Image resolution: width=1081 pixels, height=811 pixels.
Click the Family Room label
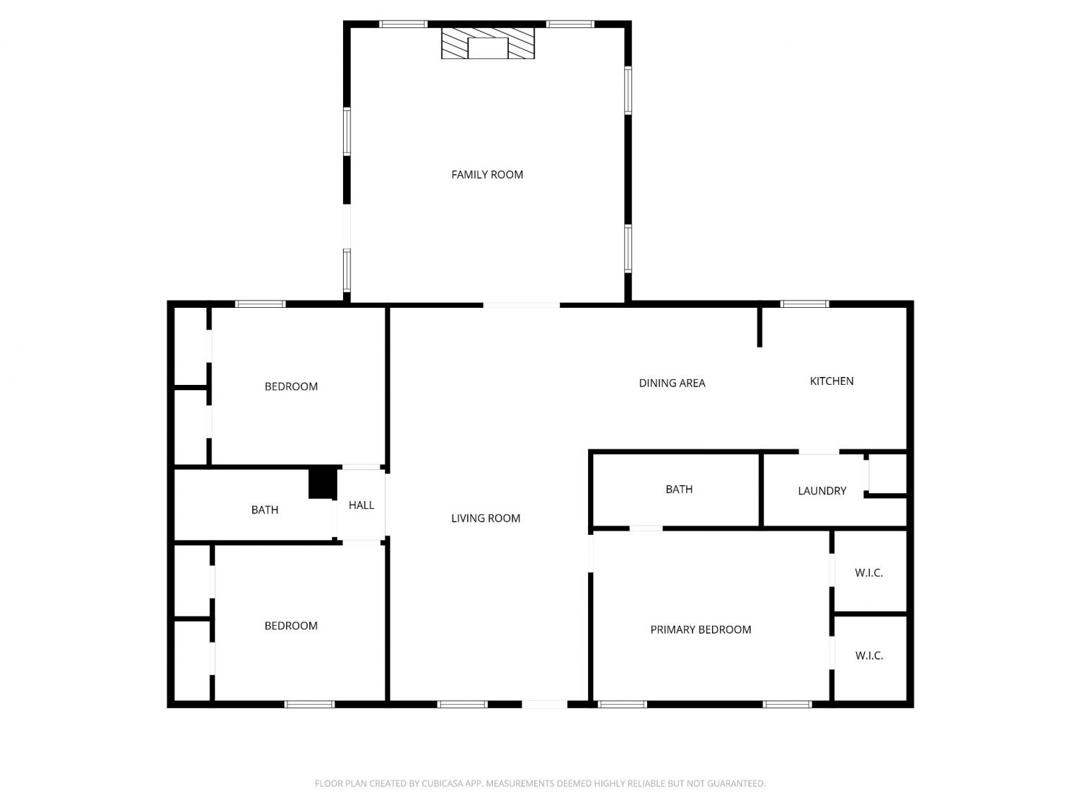click(487, 174)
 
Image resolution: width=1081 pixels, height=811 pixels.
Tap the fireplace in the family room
click(488, 43)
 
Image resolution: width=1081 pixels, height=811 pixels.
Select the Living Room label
click(486, 518)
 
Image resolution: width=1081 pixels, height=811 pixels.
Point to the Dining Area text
click(672, 383)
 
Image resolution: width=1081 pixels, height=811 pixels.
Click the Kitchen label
click(832, 381)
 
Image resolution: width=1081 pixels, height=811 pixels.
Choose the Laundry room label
click(822, 491)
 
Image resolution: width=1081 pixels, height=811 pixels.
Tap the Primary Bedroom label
click(700, 630)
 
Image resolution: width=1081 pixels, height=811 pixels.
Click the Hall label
click(361, 505)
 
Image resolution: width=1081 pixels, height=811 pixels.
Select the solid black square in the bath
click(323, 482)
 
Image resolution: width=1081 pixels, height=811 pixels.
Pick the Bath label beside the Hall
click(264, 510)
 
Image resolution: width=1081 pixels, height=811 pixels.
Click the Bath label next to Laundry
click(679, 489)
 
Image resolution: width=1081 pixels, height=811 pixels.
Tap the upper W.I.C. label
click(868, 572)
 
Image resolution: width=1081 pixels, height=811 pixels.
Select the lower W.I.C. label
click(868, 656)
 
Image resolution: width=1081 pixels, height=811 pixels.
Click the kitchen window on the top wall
click(805, 303)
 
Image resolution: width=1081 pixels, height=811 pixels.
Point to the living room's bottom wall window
click(463, 704)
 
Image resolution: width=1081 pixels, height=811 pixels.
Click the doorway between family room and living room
click(522, 305)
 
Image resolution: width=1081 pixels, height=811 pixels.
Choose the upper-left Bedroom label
click(291, 387)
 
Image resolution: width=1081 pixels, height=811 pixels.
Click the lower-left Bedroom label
click(291, 626)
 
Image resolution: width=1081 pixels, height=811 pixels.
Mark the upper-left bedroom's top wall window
click(261, 303)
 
